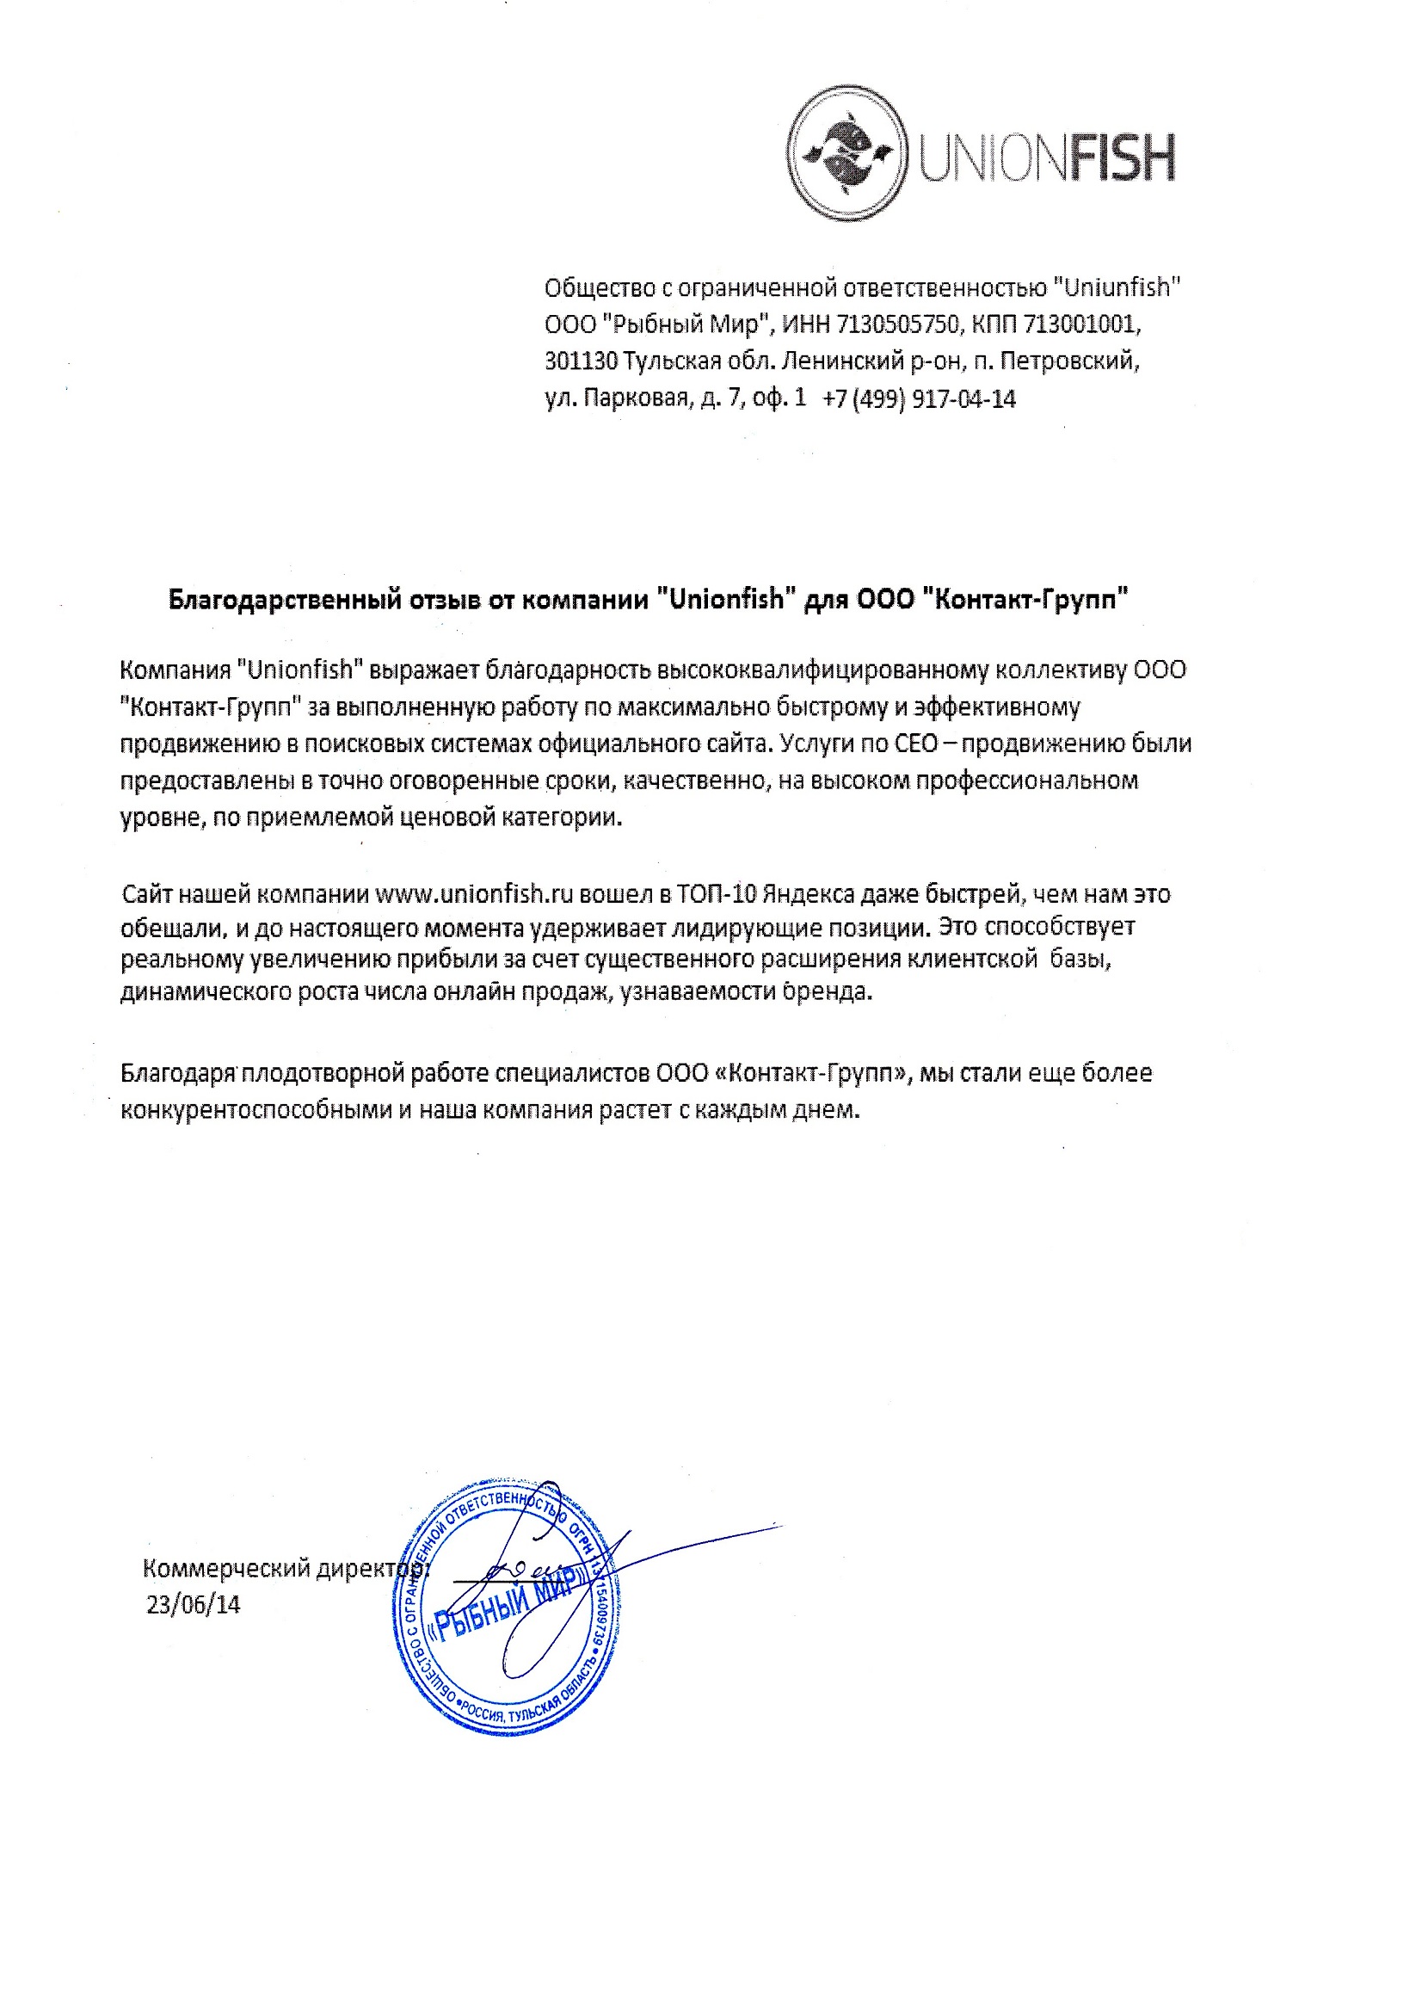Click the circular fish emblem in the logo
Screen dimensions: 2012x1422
[x=846, y=152]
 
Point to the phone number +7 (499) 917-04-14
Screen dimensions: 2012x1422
[x=919, y=399]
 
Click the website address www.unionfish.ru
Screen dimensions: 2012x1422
[x=474, y=895]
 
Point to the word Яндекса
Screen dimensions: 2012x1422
[x=808, y=895]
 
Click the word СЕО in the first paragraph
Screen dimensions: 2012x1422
[x=916, y=744]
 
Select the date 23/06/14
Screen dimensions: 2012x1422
[x=193, y=1604]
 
